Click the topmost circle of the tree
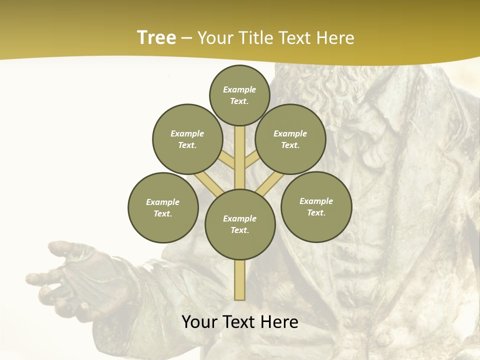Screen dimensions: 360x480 pyautogui.click(x=239, y=95)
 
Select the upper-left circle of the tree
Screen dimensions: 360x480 pyautogui.click(x=187, y=139)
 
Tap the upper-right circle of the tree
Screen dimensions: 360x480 pyautogui.click(x=290, y=139)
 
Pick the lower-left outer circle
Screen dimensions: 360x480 pyautogui.click(x=163, y=207)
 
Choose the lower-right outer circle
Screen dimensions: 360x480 pyautogui.click(x=316, y=206)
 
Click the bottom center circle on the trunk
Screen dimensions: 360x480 pyautogui.click(x=240, y=224)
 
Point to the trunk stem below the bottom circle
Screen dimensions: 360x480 pyautogui.click(x=240, y=280)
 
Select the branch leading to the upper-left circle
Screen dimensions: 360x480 pyautogui.click(x=227, y=160)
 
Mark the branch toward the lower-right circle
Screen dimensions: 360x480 pyautogui.click(x=270, y=184)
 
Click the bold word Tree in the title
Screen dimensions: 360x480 pyautogui.click(x=156, y=37)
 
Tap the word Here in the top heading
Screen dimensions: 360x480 pyautogui.click(x=336, y=37)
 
